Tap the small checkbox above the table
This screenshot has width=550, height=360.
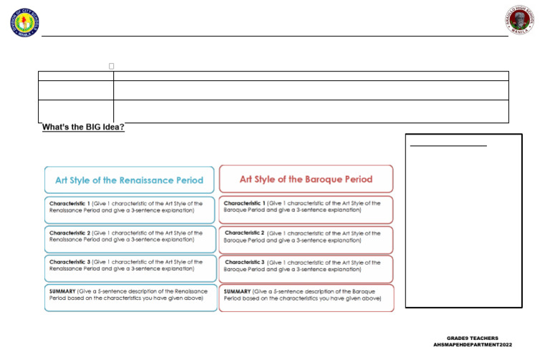pos(112,67)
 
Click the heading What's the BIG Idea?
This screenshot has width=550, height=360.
pos(83,127)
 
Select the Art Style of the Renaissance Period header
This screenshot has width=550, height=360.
pos(129,180)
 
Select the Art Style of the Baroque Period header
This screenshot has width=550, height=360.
pos(306,179)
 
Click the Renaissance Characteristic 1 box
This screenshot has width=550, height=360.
pos(129,207)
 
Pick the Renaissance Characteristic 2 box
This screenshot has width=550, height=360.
pos(129,237)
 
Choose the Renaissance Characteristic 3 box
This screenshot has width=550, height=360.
pos(129,266)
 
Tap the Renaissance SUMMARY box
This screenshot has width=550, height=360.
pos(129,296)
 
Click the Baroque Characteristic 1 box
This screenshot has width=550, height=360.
pos(306,207)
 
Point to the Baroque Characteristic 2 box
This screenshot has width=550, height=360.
pos(306,237)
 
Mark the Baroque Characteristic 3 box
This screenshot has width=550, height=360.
pos(306,266)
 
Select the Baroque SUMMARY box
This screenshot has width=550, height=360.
pos(306,296)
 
